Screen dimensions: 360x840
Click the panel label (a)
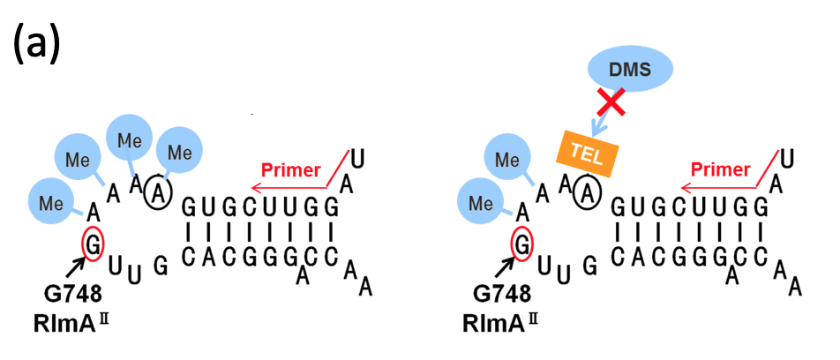coord(36,44)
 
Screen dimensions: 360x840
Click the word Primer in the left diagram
coord(291,169)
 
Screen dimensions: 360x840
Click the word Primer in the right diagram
coord(720,169)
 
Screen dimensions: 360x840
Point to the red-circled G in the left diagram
coord(94,242)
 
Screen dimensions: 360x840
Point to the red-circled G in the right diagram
coord(523,242)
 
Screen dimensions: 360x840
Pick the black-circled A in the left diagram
coord(158,191)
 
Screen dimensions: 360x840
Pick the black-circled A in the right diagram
coord(587,191)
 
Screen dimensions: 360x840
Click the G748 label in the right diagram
coord(495,294)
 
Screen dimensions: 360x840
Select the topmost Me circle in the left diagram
coord(131,139)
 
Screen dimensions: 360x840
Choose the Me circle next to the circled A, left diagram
coord(179,153)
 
